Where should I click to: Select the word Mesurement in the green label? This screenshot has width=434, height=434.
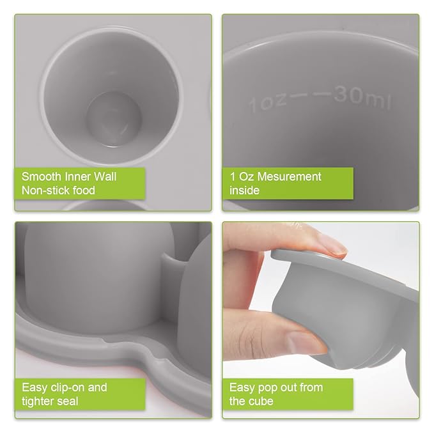click(x=288, y=176)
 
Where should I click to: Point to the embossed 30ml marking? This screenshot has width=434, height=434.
click(x=362, y=98)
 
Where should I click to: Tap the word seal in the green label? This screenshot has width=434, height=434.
click(x=68, y=401)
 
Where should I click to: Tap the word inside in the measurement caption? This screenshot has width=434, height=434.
click(x=244, y=190)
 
